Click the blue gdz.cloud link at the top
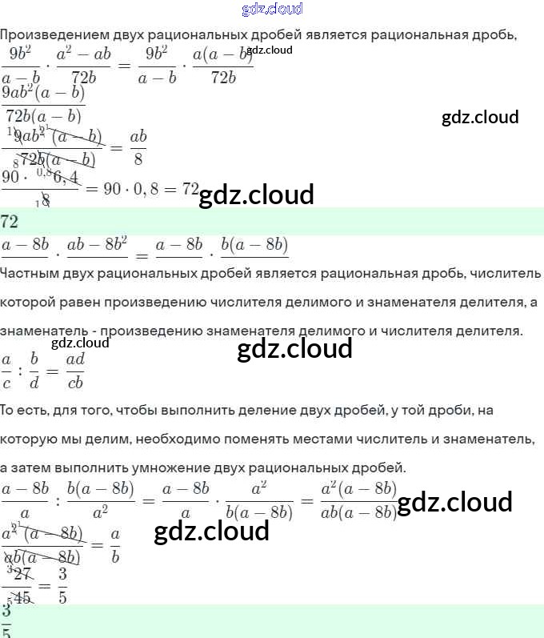point(271,10)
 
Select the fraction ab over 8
point(138,148)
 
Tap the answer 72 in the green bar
point(10,221)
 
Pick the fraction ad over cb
point(76,370)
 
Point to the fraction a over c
point(7,370)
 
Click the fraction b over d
point(34,370)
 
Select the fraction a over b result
point(115,545)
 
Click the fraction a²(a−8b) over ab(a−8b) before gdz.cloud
point(358,502)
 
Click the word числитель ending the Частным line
point(506,273)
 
